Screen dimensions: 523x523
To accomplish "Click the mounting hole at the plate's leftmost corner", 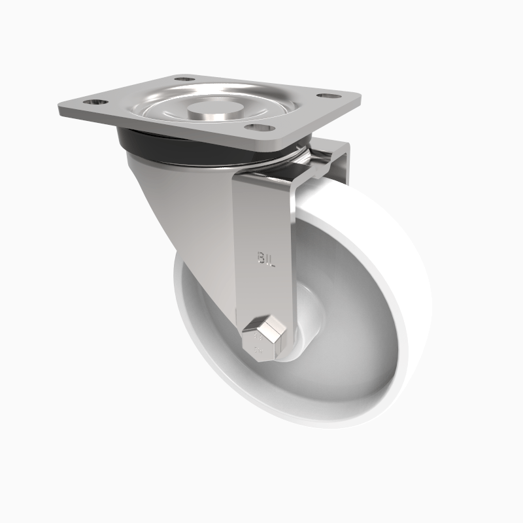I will pyautogui.click(x=94, y=103).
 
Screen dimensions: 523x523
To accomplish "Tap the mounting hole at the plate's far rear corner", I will pyautogui.click(x=186, y=79).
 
